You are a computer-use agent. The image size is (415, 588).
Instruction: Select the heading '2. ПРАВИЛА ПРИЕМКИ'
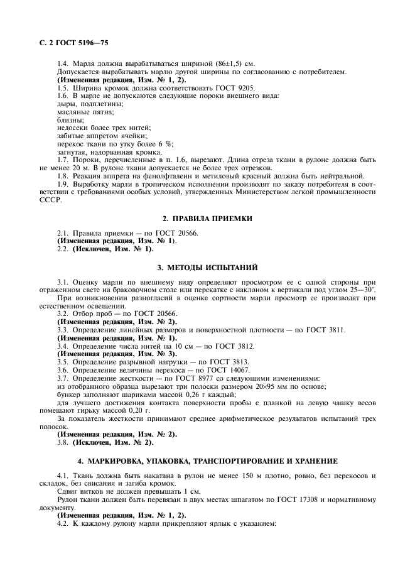point(207,219)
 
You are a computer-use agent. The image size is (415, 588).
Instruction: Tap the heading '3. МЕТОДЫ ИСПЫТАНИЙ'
point(207,266)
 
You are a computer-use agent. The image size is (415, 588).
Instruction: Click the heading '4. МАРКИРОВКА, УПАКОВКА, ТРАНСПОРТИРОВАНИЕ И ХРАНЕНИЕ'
point(207,460)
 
